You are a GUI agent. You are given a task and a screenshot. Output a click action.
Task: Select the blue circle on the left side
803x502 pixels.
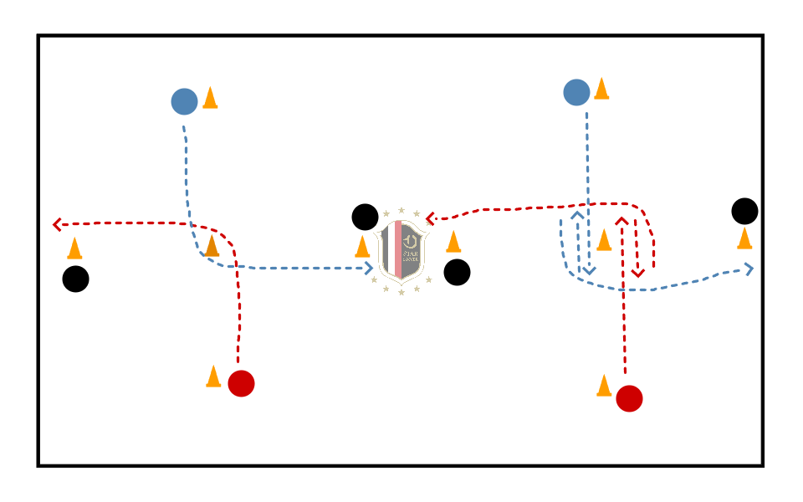[x=184, y=101]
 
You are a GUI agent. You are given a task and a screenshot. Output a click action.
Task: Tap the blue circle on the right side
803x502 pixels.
[x=576, y=92]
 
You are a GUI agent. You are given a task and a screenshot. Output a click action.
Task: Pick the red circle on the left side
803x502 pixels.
[x=241, y=383]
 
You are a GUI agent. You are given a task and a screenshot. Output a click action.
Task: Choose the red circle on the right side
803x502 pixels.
[x=629, y=398]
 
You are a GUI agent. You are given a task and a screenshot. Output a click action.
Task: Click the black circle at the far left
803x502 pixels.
[x=75, y=279]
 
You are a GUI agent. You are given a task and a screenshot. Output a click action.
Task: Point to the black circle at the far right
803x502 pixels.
[x=744, y=211]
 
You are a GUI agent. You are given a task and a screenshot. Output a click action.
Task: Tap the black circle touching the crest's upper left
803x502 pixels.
[x=365, y=217]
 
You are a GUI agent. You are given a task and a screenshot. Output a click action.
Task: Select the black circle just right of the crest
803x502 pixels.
[x=457, y=272]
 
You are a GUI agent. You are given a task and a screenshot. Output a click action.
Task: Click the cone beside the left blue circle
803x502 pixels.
[x=210, y=98]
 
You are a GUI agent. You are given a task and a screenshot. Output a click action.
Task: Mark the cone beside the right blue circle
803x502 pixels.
[x=601, y=89]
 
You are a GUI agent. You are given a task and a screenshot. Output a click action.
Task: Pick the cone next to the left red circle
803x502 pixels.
[x=213, y=376]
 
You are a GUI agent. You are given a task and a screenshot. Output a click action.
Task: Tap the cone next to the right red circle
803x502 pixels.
[x=604, y=386]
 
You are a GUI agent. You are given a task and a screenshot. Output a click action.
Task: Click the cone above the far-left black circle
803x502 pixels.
[x=74, y=248]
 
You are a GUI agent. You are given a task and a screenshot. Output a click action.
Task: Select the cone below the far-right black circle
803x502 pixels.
[x=744, y=238]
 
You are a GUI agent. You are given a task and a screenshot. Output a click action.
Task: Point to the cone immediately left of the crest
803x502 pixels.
[x=362, y=246]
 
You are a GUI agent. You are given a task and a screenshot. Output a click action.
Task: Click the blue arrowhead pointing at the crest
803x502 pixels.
[x=369, y=269]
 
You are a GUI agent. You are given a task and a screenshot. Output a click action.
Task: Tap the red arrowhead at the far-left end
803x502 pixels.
[x=57, y=224]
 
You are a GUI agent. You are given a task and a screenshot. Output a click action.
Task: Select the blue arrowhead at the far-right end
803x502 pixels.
[x=749, y=269]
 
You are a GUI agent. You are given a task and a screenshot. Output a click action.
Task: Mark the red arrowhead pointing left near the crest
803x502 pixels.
[x=430, y=219]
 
